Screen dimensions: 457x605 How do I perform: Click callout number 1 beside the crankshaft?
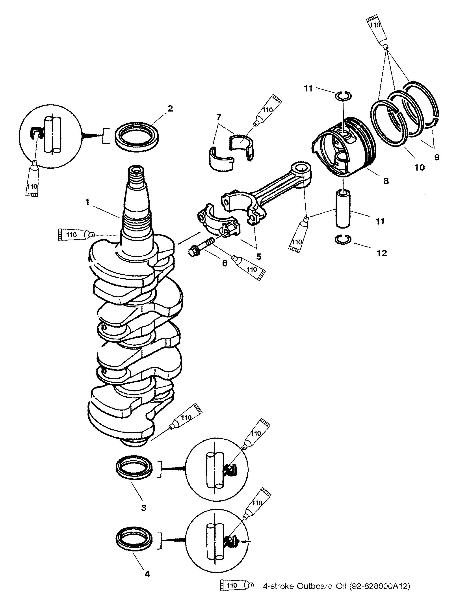[x=87, y=202]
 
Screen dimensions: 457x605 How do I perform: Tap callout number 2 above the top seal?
[x=170, y=109]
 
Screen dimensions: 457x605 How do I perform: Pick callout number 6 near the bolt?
[x=225, y=263]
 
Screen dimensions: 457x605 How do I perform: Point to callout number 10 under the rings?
[x=420, y=167]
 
